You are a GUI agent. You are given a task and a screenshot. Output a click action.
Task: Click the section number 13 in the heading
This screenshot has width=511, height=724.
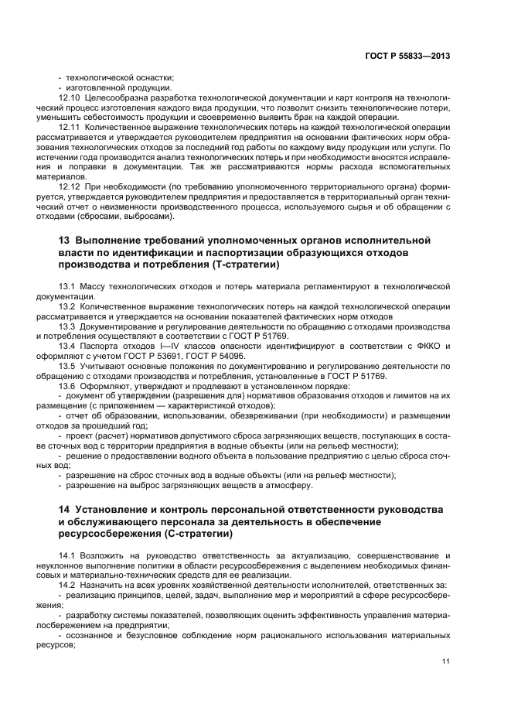pyautogui.click(x=64, y=241)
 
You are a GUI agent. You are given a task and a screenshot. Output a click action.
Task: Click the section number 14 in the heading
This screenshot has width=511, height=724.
pyautogui.click(x=64, y=510)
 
